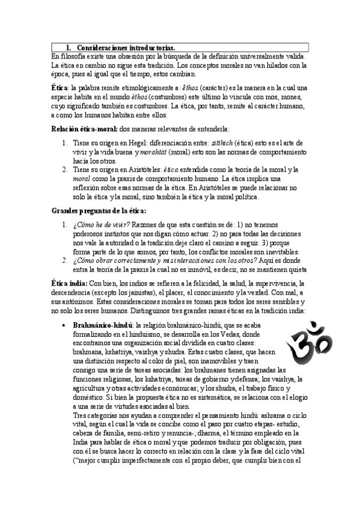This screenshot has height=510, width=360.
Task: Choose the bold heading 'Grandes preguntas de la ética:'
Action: (99, 210)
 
